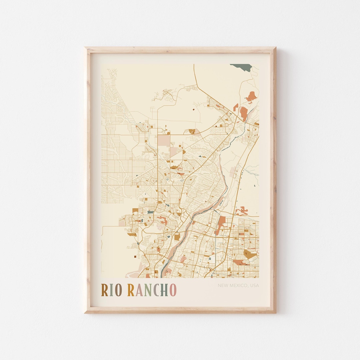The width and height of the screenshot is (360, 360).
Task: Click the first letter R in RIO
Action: [105, 290]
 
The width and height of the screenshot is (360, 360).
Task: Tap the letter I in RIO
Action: [111, 290]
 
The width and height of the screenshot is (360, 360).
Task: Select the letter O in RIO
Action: [118, 290]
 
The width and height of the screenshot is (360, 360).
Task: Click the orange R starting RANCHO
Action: [131, 290]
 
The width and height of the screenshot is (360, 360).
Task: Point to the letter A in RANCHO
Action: [139, 290]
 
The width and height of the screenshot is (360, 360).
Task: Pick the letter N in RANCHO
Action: [148, 290]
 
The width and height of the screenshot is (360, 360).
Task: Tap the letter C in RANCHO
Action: [156, 290]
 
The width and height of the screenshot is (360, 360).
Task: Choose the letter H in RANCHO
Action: [165, 290]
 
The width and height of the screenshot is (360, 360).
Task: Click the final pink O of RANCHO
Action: [173, 290]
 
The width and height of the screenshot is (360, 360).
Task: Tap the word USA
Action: [254, 285]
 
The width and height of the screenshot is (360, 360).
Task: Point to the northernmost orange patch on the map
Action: [251, 96]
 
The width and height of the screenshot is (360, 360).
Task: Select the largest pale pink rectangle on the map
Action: [164, 140]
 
